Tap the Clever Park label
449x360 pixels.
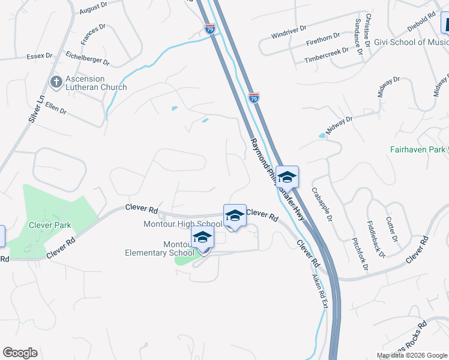(x=50, y=226)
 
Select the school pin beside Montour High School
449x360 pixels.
(x=235, y=216)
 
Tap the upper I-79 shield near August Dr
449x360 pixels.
(x=209, y=28)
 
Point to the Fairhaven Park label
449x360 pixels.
(x=417, y=149)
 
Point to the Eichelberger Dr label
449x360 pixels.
(x=88, y=58)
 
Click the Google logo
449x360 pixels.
(x=20, y=353)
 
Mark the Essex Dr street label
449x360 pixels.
(x=40, y=56)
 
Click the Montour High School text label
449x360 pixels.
(x=182, y=224)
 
